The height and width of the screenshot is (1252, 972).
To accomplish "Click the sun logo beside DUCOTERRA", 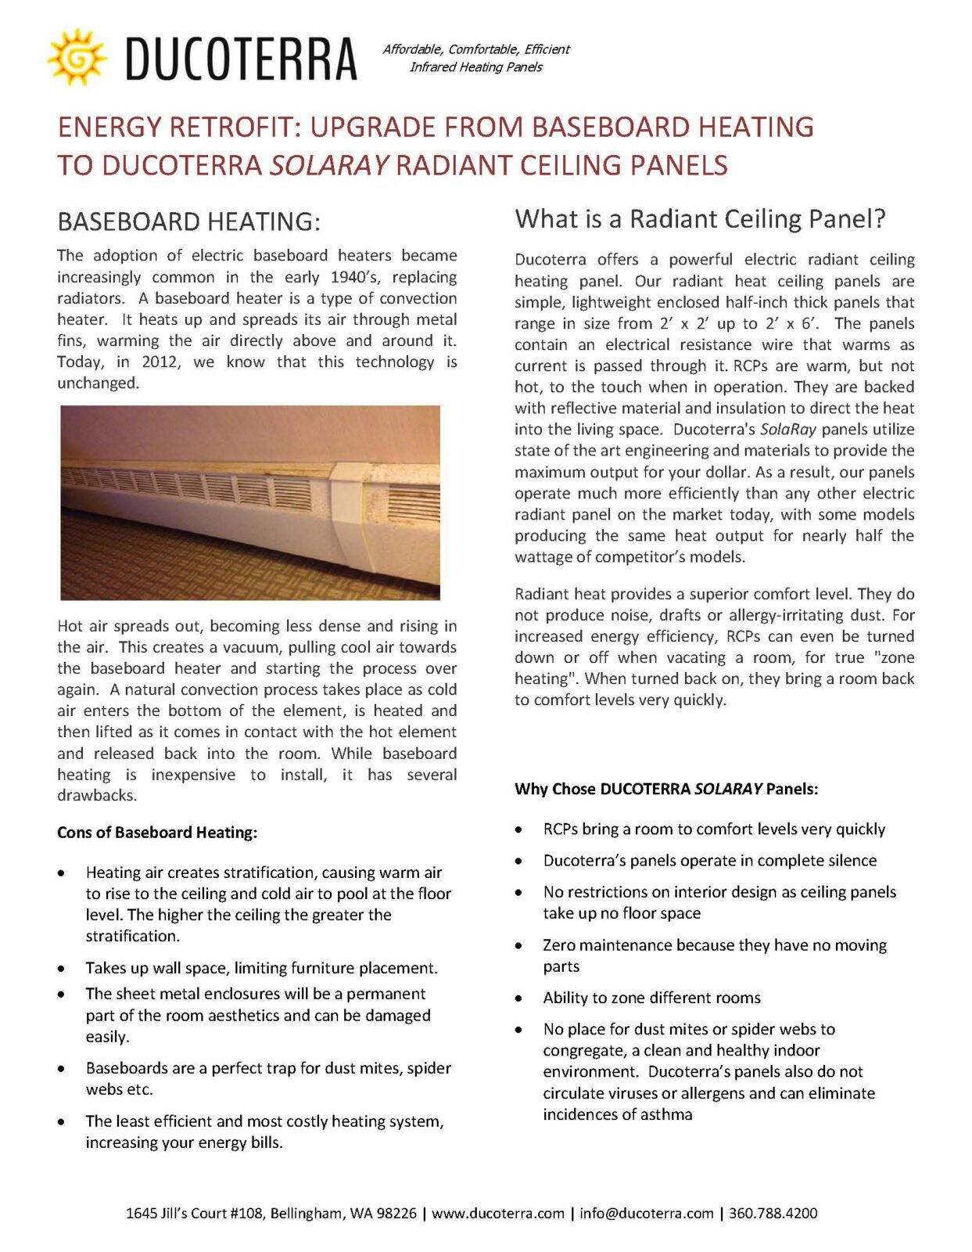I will pyautogui.click(x=76, y=57).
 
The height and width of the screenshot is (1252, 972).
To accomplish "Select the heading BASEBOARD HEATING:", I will pyautogui.click(x=188, y=222).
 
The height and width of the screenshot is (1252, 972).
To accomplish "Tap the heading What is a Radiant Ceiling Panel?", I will pyautogui.click(x=700, y=219).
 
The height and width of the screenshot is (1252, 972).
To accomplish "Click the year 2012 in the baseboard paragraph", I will pyautogui.click(x=159, y=362).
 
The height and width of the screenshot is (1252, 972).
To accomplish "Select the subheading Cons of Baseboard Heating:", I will pyautogui.click(x=157, y=833).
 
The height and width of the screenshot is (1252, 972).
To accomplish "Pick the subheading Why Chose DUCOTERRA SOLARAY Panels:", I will pyautogui.click(x=666, y=789).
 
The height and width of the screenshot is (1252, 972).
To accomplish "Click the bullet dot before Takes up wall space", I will pyautogui.click(x=61, y=969).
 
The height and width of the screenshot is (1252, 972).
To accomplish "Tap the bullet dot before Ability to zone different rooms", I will pyautogui.click(x=518, y=998).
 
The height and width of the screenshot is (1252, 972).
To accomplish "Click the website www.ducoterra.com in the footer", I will pyautogui.click(x=497, y=1214).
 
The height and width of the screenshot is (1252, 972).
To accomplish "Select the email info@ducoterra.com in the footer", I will pyautogui.click(x=646, y=1214).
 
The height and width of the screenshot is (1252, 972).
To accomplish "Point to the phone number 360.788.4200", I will pyautogui.click(x=773, y=1214).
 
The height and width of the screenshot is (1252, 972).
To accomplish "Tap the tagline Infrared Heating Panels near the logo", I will pyautogui.click(x=475, y=67).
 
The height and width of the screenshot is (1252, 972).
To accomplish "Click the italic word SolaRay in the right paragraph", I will pyautogui.click(x=787, y=430).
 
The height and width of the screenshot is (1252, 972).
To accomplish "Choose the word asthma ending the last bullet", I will pyautogui.click(x=666, y=1114).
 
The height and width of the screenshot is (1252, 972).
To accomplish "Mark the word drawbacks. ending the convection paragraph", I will pyautogui.click(x=97, y=796).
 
